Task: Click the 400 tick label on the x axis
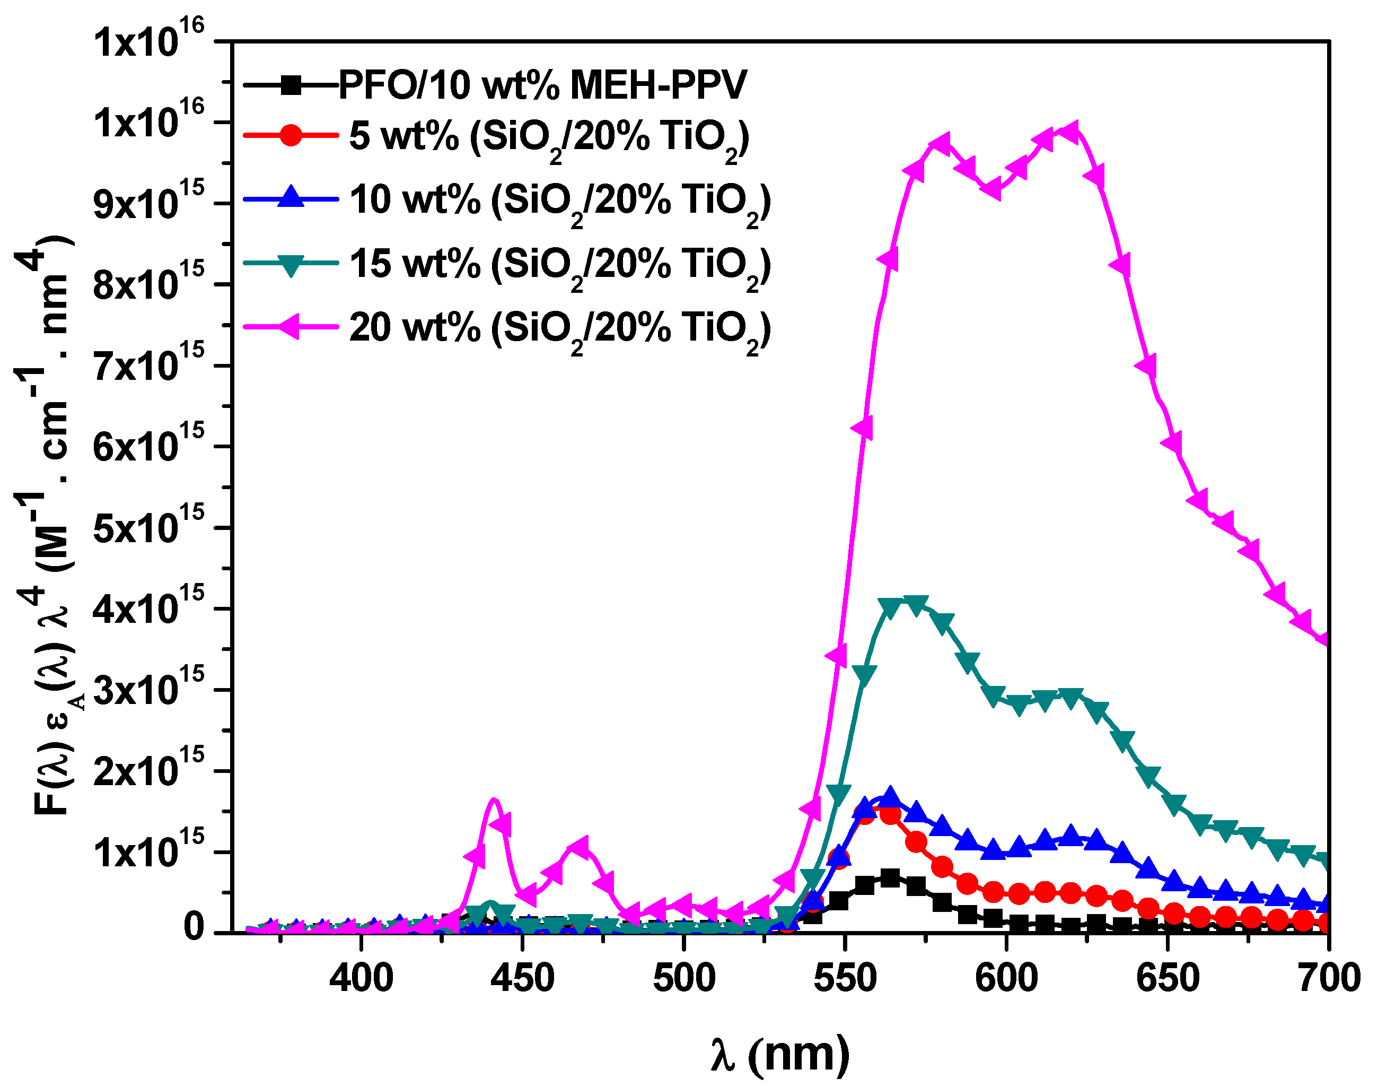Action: (x=361, y=979)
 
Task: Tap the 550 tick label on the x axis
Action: (x=845, y=979)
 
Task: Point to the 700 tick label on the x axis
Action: (x=1328, y=979)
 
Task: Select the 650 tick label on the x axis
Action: (x=1168, y=979)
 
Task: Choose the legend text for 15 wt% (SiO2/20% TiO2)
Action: (x=559, y=264)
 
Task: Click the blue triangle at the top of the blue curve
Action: (x=890, y=796)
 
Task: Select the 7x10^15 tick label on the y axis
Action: (x=149, y=367)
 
